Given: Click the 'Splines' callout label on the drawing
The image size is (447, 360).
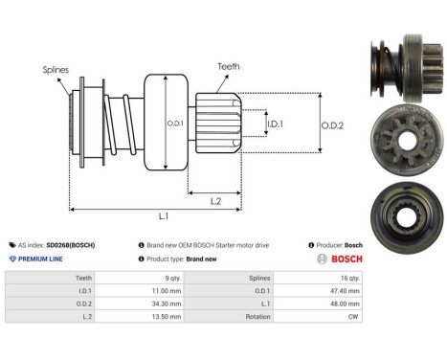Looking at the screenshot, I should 55,69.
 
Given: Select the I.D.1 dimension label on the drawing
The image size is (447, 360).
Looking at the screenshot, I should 275,124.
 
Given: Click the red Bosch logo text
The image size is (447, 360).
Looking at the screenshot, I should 341,259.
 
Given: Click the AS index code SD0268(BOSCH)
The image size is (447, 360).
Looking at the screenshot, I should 73,245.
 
